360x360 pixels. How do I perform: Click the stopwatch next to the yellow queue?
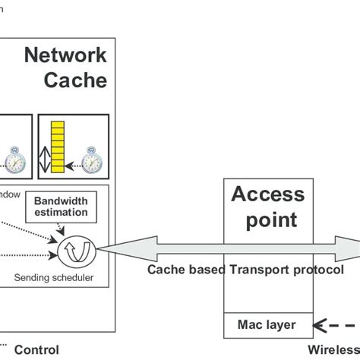[92, 162]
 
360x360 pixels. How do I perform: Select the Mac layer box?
[267, 325]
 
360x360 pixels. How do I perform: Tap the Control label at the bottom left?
[37, 352]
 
